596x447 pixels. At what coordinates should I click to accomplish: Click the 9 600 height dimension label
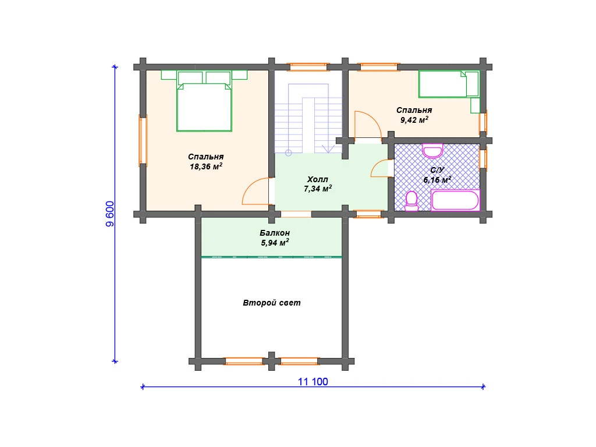109,214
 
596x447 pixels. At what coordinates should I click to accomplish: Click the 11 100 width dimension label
313,382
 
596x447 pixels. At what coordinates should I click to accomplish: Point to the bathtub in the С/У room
455,200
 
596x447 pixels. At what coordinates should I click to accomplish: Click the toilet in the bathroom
411,201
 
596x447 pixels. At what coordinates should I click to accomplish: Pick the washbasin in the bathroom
432,151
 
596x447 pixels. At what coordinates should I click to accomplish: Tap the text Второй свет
272,303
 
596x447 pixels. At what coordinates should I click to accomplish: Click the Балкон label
275,233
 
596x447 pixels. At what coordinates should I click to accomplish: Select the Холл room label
317,179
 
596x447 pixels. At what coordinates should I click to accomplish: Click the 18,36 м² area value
206,166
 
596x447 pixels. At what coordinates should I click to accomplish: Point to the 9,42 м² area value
414,120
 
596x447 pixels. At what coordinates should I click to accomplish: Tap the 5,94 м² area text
275,243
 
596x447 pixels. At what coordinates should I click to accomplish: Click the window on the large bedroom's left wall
143,141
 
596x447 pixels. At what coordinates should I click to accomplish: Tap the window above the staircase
308,68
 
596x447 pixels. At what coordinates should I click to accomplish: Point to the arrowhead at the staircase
328,148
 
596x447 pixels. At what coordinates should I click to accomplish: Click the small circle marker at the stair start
289,153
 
